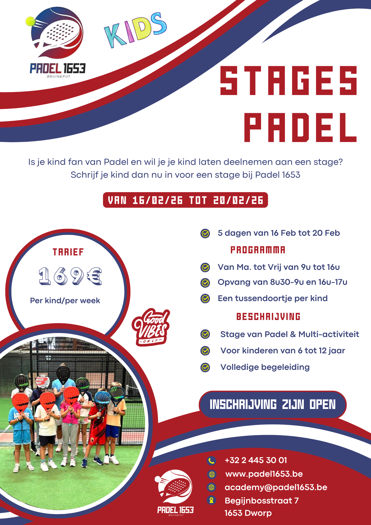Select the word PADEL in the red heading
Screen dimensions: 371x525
300,128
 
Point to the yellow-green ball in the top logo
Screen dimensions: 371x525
30,21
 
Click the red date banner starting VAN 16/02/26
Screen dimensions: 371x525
185,200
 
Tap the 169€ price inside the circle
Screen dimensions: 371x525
70,276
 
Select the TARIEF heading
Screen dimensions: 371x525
68,252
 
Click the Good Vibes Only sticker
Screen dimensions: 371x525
151,327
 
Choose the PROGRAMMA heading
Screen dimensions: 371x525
258,250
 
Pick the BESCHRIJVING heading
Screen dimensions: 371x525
268,317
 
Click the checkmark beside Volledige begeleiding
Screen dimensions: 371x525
205,367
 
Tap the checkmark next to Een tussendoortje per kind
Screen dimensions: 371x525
205,298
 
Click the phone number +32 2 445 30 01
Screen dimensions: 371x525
256,460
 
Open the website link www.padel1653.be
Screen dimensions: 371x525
264,474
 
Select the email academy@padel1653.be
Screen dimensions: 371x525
276,487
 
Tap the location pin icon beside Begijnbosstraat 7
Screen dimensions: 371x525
211,500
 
